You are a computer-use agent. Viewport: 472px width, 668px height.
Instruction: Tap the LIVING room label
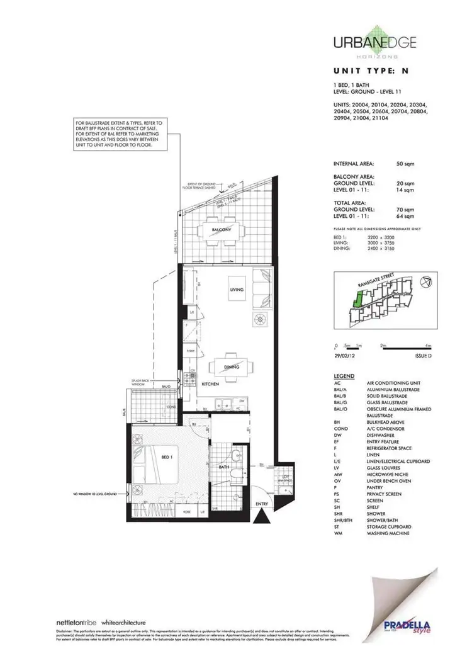(236, 288)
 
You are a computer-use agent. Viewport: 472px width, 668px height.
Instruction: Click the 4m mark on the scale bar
(427, 345)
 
